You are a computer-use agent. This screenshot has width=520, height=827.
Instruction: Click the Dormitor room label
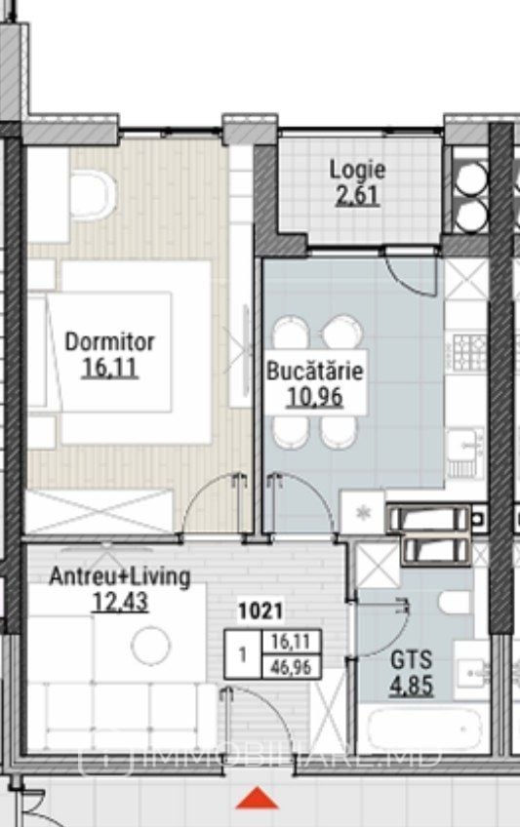pos(109,341)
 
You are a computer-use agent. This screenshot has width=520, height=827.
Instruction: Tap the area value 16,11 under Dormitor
pos(109,367)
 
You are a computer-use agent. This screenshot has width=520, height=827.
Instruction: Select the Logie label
pos(358,170)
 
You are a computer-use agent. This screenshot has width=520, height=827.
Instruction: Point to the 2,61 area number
pos(358,195)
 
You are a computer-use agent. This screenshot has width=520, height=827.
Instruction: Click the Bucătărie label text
pos(315,371)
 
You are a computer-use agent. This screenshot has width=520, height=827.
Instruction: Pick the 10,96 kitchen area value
pos(314,397)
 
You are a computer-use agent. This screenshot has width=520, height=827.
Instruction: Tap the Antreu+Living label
pos(120,577)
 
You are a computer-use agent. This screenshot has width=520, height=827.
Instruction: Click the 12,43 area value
pos(120,602)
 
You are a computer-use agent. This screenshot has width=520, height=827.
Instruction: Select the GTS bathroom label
pos(411,660)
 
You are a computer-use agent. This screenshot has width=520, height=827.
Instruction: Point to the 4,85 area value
pos(411,686)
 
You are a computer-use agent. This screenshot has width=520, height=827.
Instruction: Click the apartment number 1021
pos(260,611)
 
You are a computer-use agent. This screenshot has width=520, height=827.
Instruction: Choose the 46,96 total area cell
pos(291,667)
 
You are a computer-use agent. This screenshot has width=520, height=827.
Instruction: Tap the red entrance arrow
pos(257,798)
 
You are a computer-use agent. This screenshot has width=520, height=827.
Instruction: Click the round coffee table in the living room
pos(151,645)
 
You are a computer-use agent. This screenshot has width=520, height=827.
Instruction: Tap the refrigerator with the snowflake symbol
pos(362,512)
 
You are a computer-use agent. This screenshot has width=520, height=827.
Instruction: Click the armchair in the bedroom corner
pos(93,195)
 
